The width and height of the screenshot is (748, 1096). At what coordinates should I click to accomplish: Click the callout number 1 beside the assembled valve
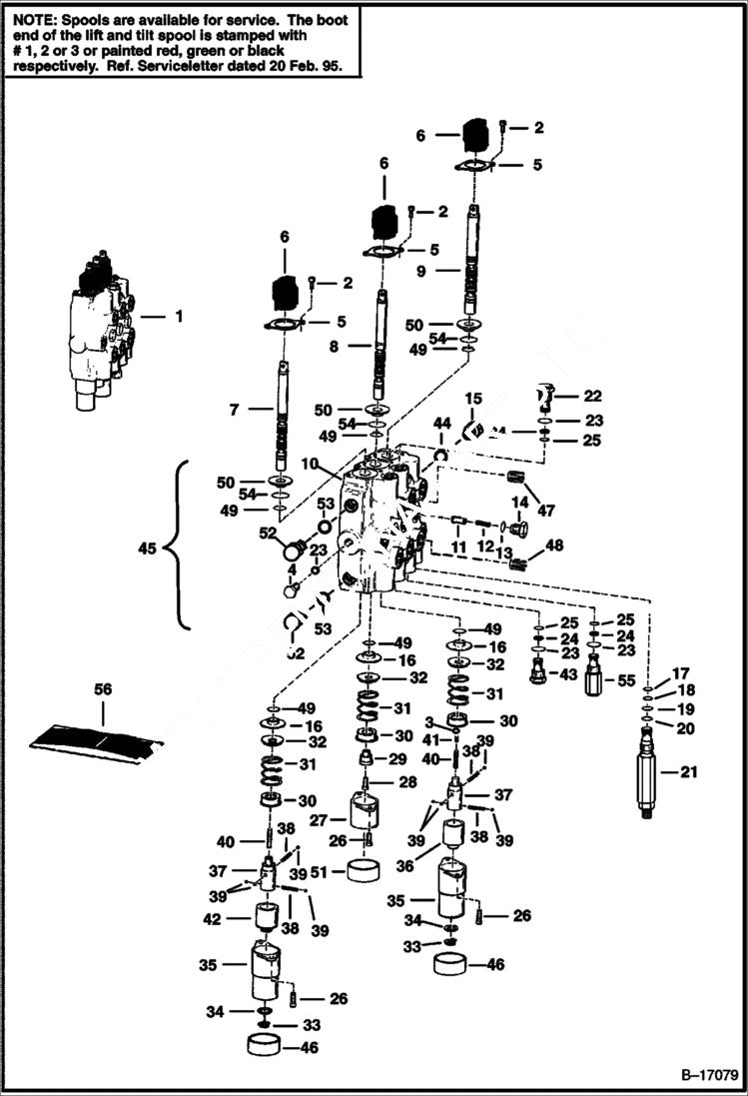click(x=179, y=317)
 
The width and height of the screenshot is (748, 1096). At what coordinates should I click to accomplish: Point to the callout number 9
click(x=422, y=270)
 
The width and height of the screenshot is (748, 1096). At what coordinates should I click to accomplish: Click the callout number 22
click(x=594, y=397)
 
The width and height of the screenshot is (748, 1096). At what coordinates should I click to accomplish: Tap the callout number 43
click(x=569, y=674)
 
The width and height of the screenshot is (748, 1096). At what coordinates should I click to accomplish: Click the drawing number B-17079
click(x=710, y=1077)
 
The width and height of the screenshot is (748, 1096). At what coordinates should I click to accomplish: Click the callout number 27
click(x=318, y=821)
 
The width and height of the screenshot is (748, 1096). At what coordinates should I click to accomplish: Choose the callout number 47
click(x=545, y=512)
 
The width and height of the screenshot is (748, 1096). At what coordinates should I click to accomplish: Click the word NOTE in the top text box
click(x=30, y=18)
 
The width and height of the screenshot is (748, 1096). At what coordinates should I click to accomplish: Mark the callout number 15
click(x=472, y=399)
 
